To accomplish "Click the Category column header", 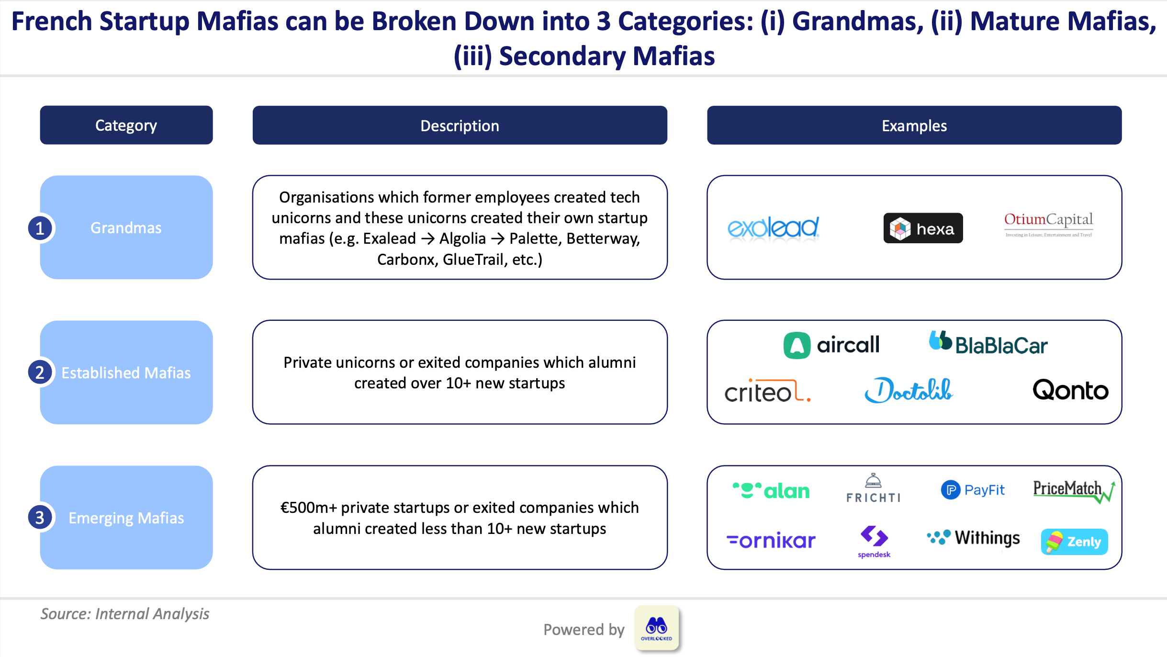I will click(126, 125).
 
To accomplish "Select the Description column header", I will click(460, 125).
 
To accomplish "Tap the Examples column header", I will click(914, 125).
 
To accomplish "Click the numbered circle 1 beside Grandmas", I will click(40, 228).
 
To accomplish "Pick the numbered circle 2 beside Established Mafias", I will click(40, 373).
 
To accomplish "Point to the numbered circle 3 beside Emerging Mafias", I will click(40, 518).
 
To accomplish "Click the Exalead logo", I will click(773, 228).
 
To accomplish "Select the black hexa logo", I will click(923, 228).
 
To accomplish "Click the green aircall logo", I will click(831, 345).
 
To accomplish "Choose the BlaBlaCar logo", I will click(988, 344).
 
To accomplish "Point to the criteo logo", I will click(767, 392).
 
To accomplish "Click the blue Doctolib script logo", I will click(909, 390).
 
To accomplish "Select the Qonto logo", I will click(1070, 390).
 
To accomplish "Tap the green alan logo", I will click(771, 491).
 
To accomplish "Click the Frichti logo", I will click(874, 489).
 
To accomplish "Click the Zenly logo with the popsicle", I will click(1074, 542).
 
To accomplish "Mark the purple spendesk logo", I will click(874, 542).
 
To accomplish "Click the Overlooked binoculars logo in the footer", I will click(656, 628).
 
